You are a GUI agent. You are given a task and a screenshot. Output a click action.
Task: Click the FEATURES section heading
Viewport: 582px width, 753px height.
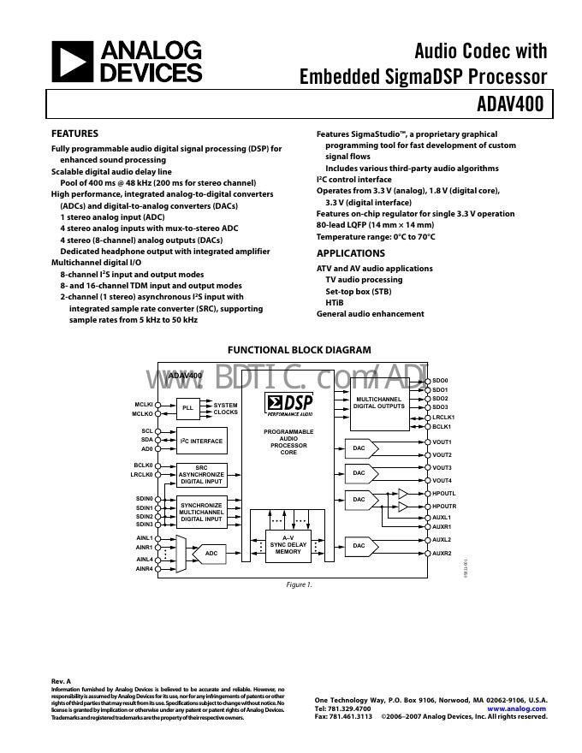click(74, 133)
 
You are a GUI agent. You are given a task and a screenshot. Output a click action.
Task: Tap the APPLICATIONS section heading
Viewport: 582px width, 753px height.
click(351, 253)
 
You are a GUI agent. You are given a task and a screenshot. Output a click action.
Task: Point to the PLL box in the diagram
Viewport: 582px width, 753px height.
click(187, 408)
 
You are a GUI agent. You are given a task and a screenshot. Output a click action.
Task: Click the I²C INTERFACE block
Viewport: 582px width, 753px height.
click(201, 442)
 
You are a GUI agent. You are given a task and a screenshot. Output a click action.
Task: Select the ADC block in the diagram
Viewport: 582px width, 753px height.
click(211, 554)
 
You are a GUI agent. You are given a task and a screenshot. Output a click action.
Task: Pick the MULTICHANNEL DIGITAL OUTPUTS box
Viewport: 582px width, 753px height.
click(379, 402)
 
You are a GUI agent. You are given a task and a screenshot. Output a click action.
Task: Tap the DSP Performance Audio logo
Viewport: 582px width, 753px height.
click(289, 405)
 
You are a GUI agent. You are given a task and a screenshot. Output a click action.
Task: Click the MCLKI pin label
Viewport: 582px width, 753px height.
click(143, 404)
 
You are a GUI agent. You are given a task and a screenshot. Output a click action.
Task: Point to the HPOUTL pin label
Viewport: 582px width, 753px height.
click(444, 494)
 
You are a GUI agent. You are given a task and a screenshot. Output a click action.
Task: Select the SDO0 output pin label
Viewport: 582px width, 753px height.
click(440, 381)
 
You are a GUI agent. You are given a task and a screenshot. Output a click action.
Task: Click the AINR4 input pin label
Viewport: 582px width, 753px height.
click(144, 568)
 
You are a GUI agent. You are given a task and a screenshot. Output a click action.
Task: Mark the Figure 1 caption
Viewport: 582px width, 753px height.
click(299, 585)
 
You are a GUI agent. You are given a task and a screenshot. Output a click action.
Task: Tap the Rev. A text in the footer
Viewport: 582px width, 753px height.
click(62, 681)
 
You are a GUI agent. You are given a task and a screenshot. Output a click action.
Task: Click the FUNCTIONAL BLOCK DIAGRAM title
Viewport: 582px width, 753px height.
click(299, 350)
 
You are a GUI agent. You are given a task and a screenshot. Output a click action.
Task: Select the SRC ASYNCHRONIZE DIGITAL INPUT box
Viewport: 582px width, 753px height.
click(202, 474)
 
